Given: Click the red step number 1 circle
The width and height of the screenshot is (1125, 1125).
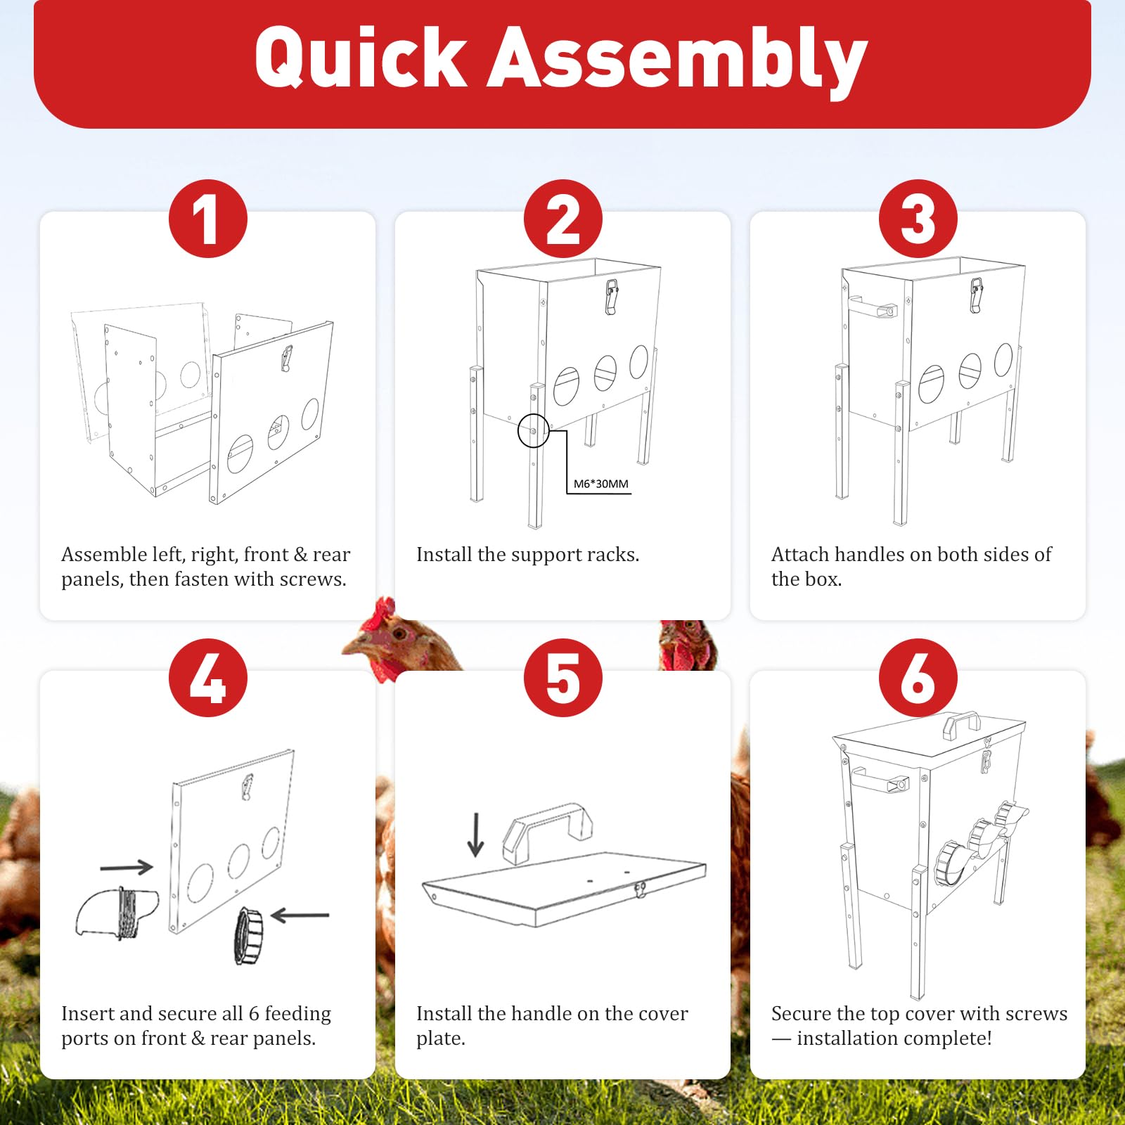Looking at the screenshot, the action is (208, 219).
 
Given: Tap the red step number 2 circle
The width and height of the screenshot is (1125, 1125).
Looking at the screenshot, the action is (563, 219).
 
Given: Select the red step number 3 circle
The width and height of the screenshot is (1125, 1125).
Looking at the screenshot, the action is (918, 219).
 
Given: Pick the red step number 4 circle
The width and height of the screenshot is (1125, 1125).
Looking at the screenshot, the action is (208, 678).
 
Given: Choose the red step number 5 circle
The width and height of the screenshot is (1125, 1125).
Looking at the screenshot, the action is (563, 678).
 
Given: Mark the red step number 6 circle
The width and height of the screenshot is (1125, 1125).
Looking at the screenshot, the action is (918, 678).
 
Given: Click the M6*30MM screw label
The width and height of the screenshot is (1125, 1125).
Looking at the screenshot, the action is (601, 484).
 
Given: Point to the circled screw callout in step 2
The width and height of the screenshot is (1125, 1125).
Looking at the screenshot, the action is (534, 431).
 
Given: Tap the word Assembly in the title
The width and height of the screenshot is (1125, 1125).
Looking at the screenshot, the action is (677, 62).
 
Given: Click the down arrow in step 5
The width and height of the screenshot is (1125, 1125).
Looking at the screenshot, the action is (476, 835).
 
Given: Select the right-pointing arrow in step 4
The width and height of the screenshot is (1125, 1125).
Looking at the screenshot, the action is (127, 867).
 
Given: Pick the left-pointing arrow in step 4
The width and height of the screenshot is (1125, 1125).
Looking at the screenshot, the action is (300, 915).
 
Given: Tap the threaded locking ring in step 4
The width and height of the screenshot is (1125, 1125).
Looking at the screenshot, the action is (248, 935).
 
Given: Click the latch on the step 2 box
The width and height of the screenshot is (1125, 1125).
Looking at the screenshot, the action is (612, 296).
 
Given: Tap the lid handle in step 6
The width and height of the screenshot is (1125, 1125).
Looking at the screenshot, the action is (960, 722).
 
